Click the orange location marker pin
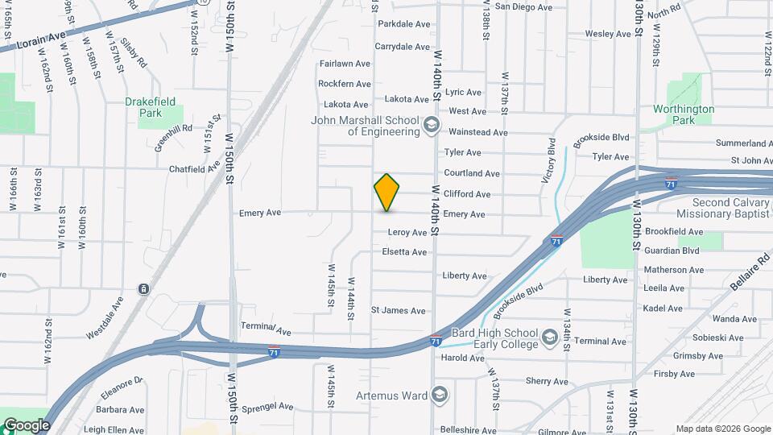pyautogui.click(x=386, y=192)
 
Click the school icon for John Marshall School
pyautogui.click(x=432, y=125)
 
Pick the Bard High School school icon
pyautogui.click(x=550, y=336)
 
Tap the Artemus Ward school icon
pyautogui.click(x=439, y=395)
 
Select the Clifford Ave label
pyautogui.click(x=467, y=194)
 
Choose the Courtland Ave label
pyautogui.click(x=472, y=173)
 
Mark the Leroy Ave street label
pyautogui.click(x=407, y=232)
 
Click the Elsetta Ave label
pyautogui.click(x=404, y=252)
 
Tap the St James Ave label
pyautogui.click(x=398, y=310)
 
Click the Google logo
pyautogui.click(x=27, y=425)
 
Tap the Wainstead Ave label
pyautogui.click(x=477, y=132)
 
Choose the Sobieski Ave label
pyautogui.click(x=698, y=338)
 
